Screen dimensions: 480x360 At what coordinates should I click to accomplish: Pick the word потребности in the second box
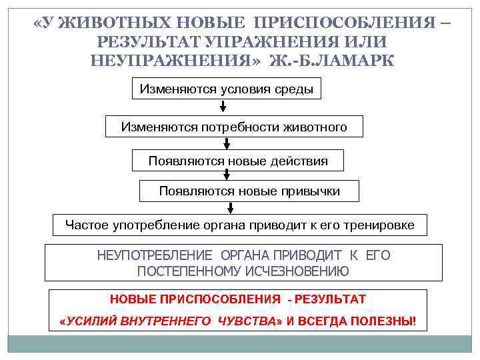(x=254, y=127)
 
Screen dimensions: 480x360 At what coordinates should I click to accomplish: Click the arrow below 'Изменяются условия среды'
(x=223, y=106)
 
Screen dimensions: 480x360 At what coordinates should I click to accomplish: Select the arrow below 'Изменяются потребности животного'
(x=227, y=143)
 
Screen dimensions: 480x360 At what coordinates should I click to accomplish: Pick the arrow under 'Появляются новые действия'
(x=227, y=175)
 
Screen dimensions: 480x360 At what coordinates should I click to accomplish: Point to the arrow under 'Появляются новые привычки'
(x=227, y=207)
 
